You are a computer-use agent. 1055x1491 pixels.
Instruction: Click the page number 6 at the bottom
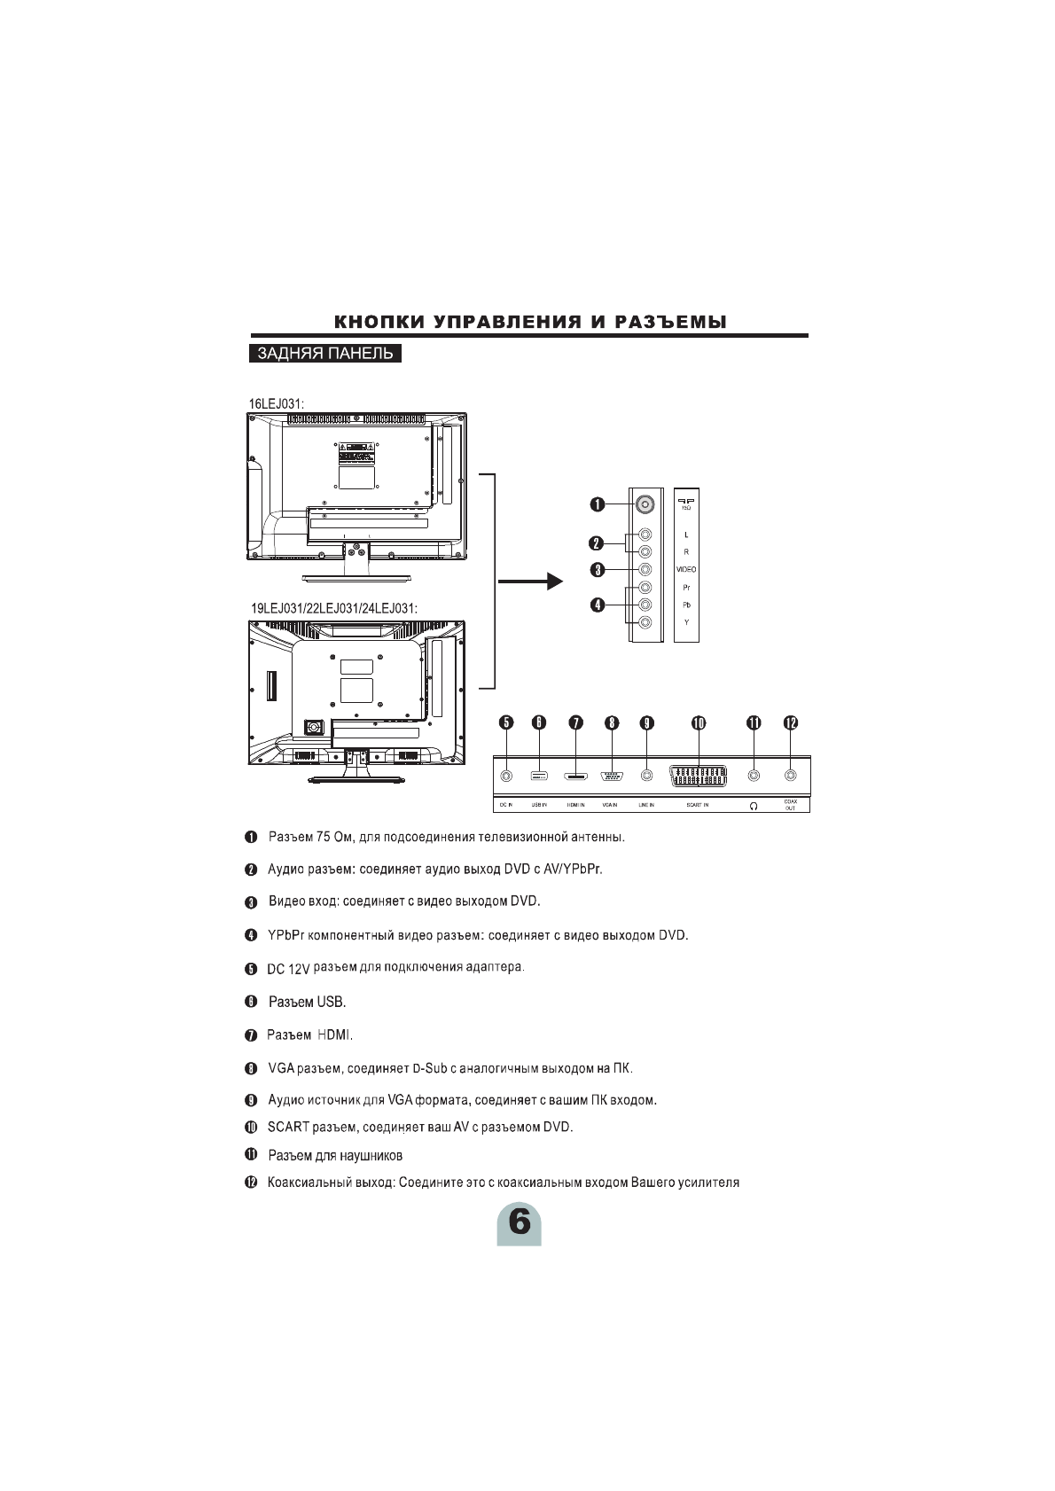(519, 1223)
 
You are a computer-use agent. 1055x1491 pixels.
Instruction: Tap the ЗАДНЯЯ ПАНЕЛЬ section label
(324, 355)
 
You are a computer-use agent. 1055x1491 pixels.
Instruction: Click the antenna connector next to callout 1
(645, 504)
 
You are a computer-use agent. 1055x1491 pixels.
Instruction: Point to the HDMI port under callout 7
(575, 777)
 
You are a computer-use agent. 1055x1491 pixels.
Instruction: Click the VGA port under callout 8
(611, 777)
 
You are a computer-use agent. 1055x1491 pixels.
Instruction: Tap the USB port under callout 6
(539, 777)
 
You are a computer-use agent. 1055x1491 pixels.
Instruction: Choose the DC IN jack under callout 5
(505, 777)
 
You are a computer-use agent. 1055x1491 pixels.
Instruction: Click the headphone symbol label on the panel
(754, 806)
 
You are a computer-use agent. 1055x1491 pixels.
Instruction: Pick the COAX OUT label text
(790, 805)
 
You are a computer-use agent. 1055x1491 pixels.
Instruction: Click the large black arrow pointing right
(530, 582)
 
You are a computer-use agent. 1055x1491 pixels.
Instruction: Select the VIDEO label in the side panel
(686, 569)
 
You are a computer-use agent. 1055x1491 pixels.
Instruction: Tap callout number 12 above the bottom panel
(790, 723)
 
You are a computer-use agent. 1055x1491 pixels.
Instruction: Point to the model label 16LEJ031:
(277, 404)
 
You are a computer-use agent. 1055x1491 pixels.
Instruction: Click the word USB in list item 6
(330, 1003)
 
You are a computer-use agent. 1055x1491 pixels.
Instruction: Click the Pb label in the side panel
(686, 605)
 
